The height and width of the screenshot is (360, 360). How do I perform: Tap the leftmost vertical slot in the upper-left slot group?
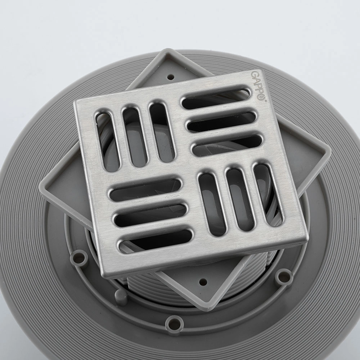coord(107,141)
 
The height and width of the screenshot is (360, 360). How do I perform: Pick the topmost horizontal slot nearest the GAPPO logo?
coord(216,97)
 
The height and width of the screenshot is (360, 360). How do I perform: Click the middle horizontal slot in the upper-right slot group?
coord(221,122)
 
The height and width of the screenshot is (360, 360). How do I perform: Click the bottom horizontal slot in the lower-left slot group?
coord(156,241)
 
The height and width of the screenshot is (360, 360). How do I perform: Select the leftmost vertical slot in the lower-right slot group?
coord(212,204)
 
